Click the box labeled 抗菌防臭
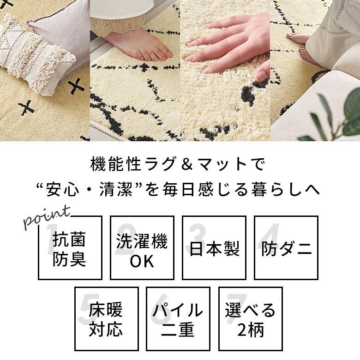pyautogui.click(x=70, y=248)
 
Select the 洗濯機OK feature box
pyautogui.click(x=142, y=248)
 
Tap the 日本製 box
pyautogui.click(x=214, y=248)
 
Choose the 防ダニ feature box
pyautogui.click(x=286, y=248)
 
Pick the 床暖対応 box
pyautogui.click(x=106, y=318)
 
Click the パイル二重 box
pyautogui.click(x=178, y=318)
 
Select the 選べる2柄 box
pyautogui.click(x=250, y=318)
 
